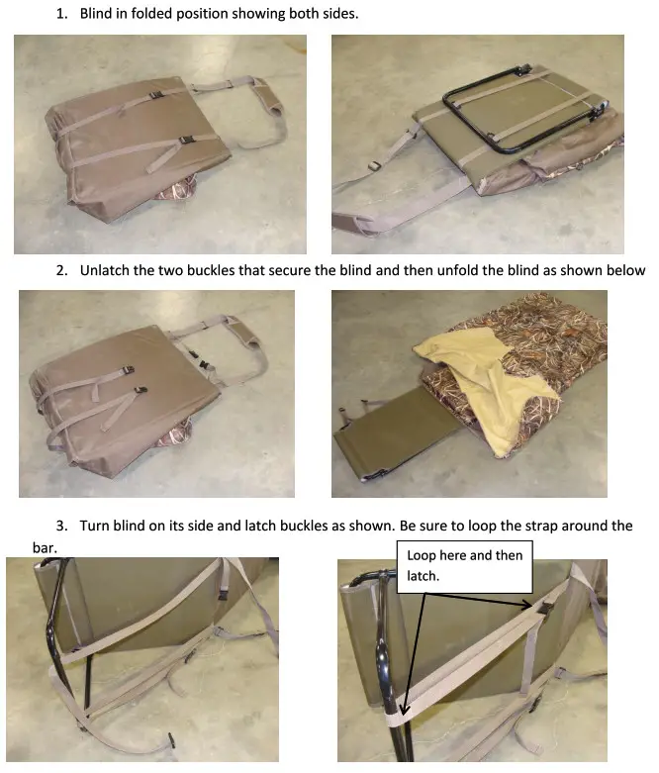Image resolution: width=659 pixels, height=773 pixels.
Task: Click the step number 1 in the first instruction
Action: coord(61,14)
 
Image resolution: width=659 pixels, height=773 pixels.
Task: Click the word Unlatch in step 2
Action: coord(103,270)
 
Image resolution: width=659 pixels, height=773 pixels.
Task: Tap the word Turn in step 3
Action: coord(95,526)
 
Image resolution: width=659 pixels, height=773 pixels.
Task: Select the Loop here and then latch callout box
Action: coord(465,566)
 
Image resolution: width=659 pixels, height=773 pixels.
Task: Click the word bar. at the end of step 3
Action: coord(45,547)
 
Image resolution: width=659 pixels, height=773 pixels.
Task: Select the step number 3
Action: coord(61,526)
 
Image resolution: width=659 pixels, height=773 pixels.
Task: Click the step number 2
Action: coord(61,270)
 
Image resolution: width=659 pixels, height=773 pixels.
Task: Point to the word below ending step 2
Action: coord(627,270)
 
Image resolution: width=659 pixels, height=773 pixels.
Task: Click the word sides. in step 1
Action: coord(340,14)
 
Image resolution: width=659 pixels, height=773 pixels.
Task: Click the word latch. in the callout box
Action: coord(423,576)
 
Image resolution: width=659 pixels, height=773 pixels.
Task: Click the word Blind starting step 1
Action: coord(96,14)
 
